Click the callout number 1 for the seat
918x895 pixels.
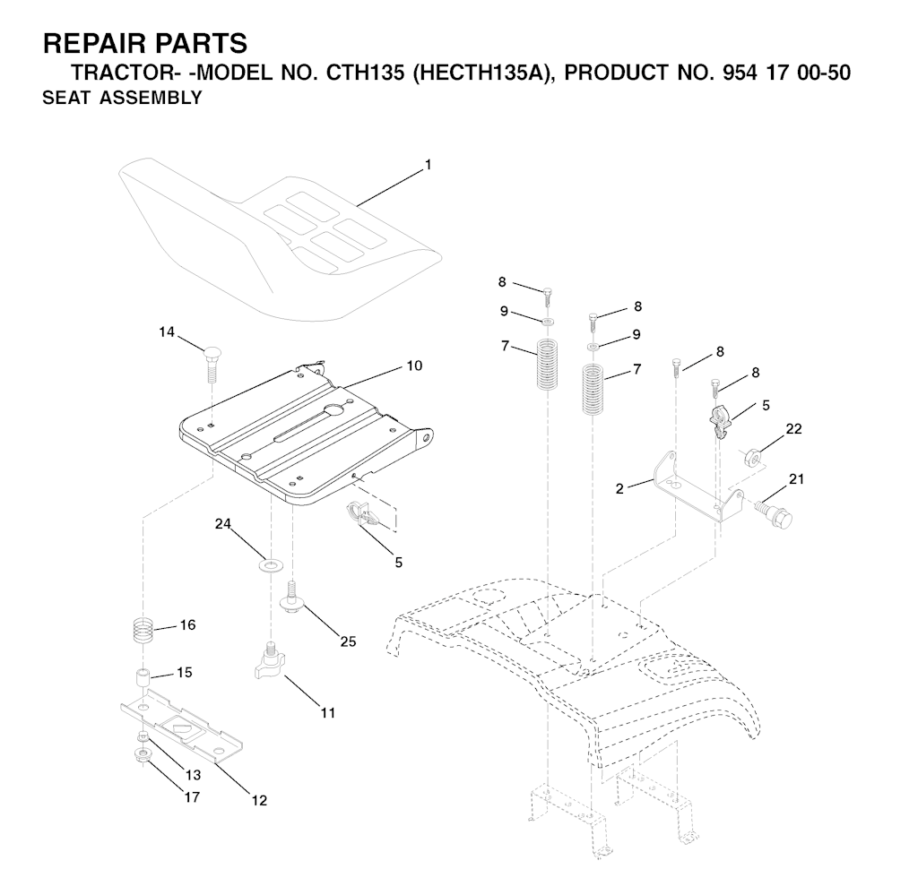(x=428, y=165)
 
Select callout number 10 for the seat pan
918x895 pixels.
(x=414, y=366)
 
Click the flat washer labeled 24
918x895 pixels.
(x=270, y=565)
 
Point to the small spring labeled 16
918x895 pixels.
(x=144, y=631)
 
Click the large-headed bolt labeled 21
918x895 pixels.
(x=774, y=515)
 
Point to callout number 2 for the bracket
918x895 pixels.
(x=619, y=488)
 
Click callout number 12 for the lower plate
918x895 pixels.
(x=259, y=800)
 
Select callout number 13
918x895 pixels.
(x=194, y=775)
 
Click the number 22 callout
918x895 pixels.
(x=793, y=429)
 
